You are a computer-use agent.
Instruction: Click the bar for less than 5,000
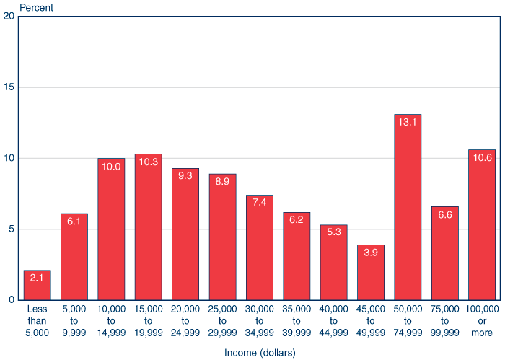coord(37,285)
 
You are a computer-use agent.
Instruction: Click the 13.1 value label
coord(408,122)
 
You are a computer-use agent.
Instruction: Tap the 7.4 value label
coord(260,203)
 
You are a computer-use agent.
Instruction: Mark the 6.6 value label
coord(444,214)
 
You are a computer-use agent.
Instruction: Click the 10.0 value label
coord(111,166)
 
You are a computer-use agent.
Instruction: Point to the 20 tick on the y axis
coord(9,17)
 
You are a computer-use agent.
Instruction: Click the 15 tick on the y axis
coord(9,87)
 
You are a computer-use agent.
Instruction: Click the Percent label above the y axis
coord(36,6)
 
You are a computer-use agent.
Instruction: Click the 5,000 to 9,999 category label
coord(74,320)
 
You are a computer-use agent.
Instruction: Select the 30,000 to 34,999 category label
coord(260,320)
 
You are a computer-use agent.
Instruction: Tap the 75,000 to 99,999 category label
coord(444,320)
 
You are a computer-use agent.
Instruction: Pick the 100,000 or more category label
coord(482,320)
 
